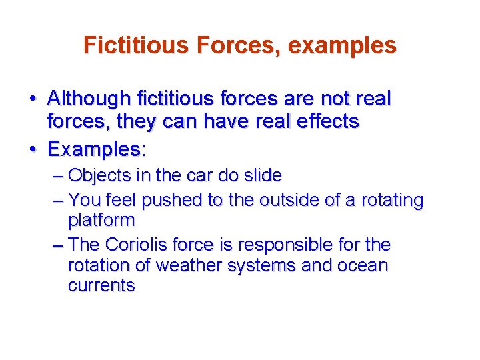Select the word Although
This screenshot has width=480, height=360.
(89, 99)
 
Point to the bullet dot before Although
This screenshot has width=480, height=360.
(32, 99)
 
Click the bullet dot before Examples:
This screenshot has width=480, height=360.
(32, 148)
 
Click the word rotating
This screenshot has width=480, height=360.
(393, 200)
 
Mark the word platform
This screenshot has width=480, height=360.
(101, 221)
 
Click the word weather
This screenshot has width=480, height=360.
(189, 265)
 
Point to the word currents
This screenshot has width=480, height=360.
(101, 286)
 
